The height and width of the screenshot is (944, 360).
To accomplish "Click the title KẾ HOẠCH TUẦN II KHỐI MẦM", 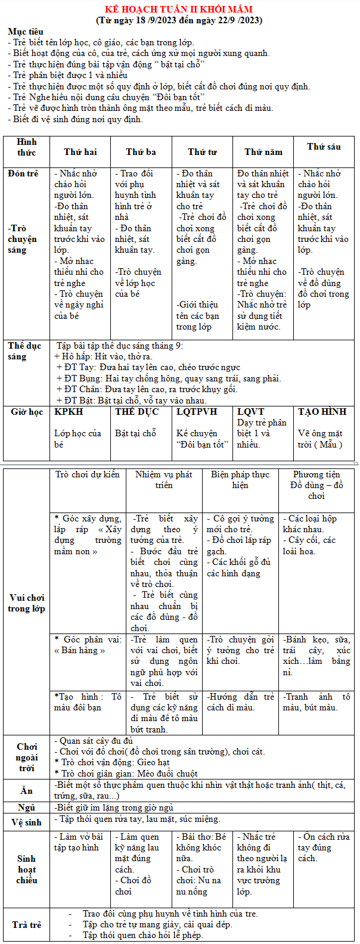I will [x=179, y=10].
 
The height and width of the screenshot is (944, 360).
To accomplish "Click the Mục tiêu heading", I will [x=26, y=31].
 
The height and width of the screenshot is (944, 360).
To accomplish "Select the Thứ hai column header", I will [x=80, y=152].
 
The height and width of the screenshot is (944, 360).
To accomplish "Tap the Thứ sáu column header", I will [x=324, y=147].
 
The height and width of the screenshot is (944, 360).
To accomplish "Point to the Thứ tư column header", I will [x=202, y=152].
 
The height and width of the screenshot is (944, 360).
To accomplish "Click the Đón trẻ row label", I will [x=23, y=173].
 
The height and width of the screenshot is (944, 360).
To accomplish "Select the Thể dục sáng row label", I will [x=25, y=351].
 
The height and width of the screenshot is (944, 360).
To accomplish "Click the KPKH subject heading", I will [x=69, y=412].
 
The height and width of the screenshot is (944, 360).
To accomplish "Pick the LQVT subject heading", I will [x=250, y=412].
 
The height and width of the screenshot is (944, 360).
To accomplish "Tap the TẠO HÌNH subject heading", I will [x=322, y=412].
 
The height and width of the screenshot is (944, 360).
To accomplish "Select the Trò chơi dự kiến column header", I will [x=88, y=474].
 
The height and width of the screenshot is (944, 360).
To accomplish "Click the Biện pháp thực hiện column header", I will [x=240, y=480].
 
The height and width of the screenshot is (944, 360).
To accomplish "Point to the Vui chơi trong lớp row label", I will [x=27, y=603].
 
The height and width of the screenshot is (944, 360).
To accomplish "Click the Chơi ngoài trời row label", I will [x=27, y=757].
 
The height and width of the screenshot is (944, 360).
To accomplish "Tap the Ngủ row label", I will [x=27, y=808].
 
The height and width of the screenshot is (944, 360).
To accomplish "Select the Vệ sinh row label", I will [x=27, y=822].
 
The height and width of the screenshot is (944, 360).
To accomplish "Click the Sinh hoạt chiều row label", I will [x=27, y=869].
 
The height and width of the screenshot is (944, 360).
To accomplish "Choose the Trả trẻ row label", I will [x=27, y=924].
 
